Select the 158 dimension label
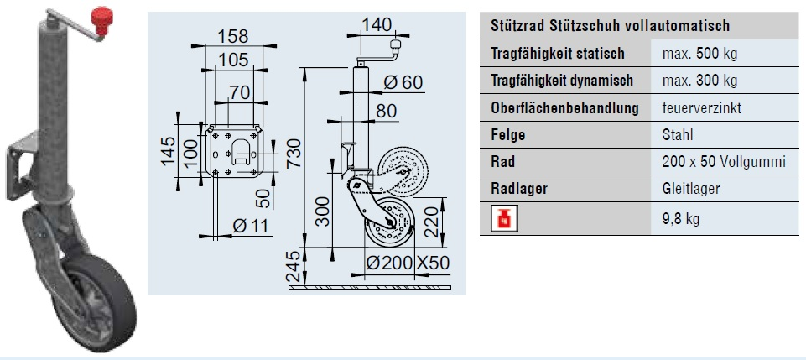click(231, 37)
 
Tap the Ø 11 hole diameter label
click(245, 225)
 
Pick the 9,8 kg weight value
click(681, 220)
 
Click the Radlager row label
click(518, 189)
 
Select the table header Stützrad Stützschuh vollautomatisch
click(610, 27)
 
